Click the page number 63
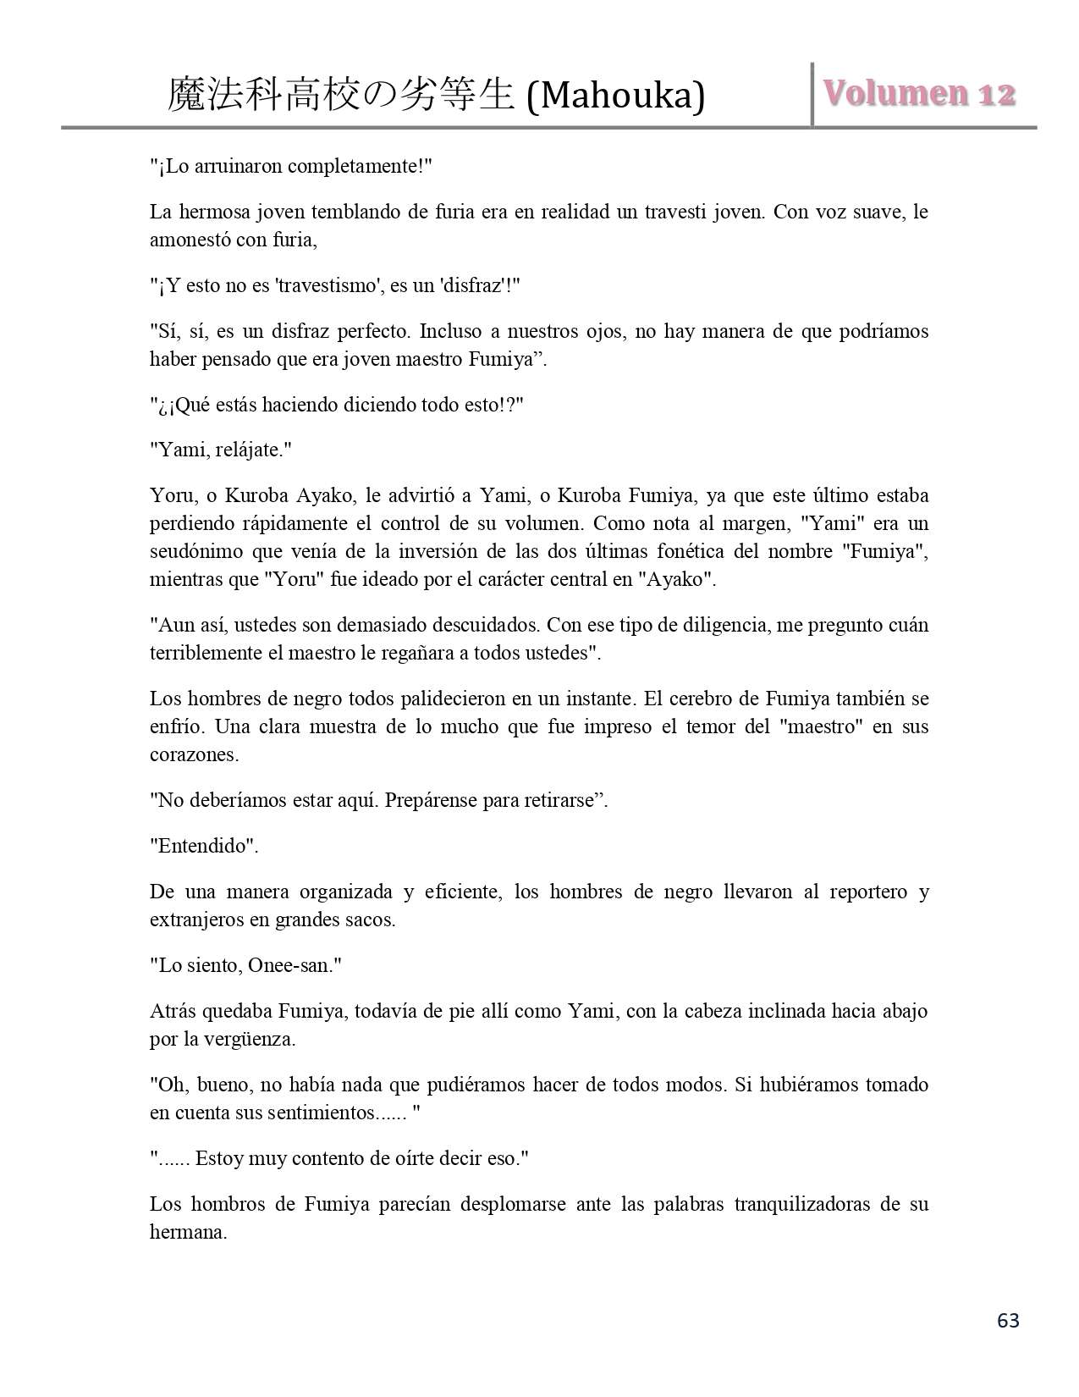pyautogui.click(x=1008, y=1320)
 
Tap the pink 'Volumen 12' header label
pyautogui.click(x=919, y=93)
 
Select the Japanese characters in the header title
pyautogui.click(x=341, y=95)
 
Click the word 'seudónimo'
pyautogui.click(x=195, y=551)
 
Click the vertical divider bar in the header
pyautogui.click(x=812, y=94)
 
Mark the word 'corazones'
pyautogui.click(x=193, y=754)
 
